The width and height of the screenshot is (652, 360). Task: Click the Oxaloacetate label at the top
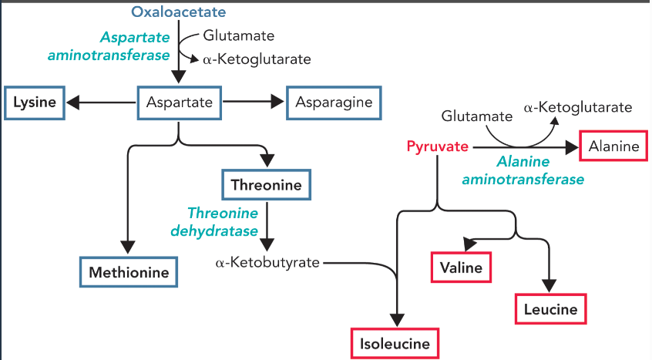pos(179,12)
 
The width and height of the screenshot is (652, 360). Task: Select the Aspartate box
pos(180,103)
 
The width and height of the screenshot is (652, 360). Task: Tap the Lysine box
pos(34,103)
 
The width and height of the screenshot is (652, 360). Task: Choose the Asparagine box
pos(334,103)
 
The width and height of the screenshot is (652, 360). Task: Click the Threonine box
pos(267,185)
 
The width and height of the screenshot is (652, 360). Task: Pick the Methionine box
pos(129,272)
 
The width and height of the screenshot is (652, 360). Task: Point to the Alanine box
pos(613,146)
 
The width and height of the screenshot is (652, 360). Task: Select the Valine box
pos(461,267)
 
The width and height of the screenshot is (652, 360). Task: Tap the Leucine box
pos(550,309)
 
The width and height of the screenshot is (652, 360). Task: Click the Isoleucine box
pos(395,344)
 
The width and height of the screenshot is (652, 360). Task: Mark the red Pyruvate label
pos(438,146)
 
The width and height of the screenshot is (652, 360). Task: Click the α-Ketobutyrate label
pos(267,263)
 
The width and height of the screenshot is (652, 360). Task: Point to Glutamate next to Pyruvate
pos(476,116)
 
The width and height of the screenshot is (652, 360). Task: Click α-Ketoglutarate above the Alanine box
pos(578,108)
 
